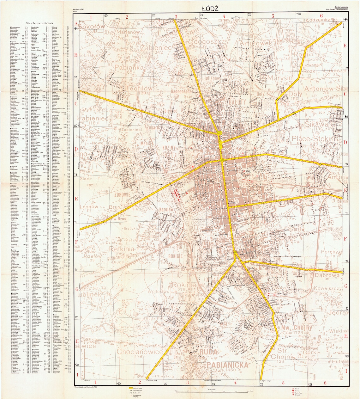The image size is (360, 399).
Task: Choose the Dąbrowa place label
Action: coord(327,275)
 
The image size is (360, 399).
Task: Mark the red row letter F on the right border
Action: coord(345,239)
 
